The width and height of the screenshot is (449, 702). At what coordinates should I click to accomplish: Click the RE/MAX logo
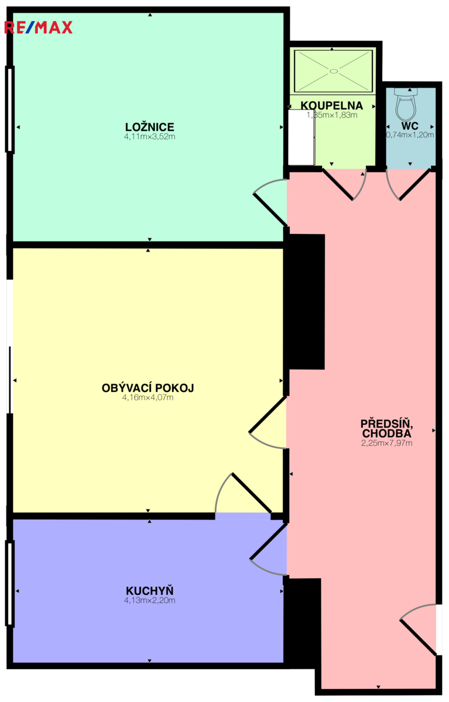38,27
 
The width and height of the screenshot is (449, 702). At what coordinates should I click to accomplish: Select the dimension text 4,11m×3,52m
149,136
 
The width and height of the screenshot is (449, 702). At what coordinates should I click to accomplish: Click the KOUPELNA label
332,105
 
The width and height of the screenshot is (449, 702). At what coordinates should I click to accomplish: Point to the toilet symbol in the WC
406,104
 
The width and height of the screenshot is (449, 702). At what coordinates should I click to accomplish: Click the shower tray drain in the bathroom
334,71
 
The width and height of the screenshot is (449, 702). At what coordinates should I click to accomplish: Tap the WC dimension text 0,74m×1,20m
410,135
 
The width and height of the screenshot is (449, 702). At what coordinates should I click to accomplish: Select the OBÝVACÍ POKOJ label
148,388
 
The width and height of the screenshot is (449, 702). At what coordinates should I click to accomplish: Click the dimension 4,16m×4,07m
148,397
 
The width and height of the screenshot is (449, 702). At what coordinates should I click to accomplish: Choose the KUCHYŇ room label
149,591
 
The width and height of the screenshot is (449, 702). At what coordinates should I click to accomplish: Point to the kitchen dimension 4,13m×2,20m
149,600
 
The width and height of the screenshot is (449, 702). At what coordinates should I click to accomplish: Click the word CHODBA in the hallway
386,433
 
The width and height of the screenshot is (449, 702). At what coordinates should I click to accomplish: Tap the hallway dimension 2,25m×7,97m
386,443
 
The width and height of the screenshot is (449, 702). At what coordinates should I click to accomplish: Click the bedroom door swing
270,202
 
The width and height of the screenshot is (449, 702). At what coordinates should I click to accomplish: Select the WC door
407,184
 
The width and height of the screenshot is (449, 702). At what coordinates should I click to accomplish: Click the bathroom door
344,184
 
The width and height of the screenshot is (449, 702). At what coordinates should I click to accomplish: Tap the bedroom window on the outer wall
10,109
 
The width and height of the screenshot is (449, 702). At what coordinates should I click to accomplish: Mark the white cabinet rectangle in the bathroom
301,137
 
